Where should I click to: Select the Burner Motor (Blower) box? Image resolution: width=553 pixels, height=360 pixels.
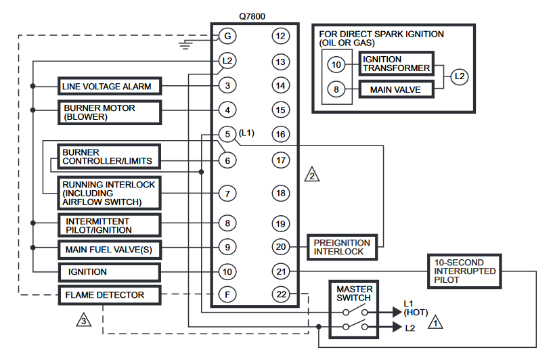click(x=109, y=112)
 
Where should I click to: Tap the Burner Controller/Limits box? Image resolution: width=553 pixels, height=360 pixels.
click(x=108, y=157)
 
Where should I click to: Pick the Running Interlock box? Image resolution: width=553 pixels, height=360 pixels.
click(x=109, y=193)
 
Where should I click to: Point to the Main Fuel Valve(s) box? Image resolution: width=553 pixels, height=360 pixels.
click(x=109, y=250)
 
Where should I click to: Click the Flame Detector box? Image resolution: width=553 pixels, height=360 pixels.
click(x=109, y=295)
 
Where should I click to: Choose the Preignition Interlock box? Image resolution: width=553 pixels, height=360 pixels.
click(x=342, y=247)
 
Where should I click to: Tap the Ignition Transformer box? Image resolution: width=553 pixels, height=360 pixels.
click(x=396, y=64)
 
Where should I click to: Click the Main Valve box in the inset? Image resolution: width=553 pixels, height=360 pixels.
click(x=396, y=89)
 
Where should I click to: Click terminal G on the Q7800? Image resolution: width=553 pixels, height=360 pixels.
click(x=227, y=35)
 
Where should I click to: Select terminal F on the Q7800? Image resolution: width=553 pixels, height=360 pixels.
click(x=227, y=295)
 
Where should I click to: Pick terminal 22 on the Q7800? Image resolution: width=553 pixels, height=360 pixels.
click(x=280, y=295)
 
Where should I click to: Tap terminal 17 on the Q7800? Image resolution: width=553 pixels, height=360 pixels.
click(x=280, y=160)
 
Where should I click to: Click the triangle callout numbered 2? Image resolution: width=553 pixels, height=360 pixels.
click(x=311, y=174)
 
